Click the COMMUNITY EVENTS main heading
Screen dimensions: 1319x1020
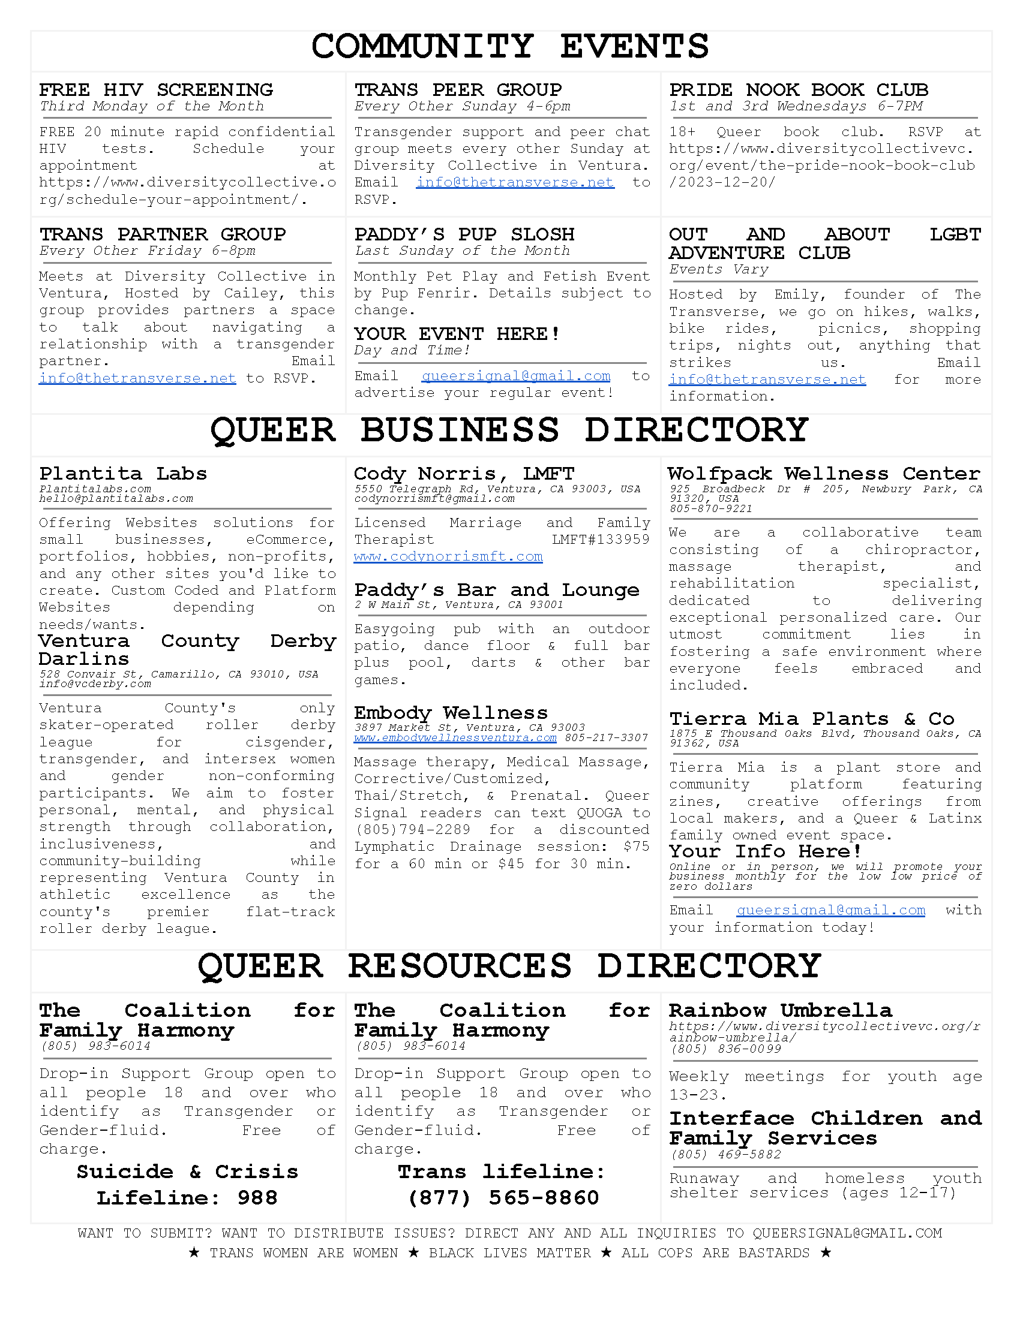(509, 47)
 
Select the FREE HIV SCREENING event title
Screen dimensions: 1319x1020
(156, 90)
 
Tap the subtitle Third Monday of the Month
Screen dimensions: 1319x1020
(152, 107)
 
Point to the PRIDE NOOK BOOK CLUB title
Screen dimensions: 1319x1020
(798, 90)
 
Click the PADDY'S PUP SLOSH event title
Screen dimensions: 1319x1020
(464, 234)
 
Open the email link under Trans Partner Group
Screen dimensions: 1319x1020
(137, 379)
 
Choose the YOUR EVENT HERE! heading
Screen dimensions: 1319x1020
(457, 334)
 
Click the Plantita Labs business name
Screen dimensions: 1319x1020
(122, 474)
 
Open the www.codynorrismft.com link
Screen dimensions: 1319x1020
(448, 557)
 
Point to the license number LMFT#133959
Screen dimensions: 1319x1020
(601, 540)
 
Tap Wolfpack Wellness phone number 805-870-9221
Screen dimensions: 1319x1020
(710, 509)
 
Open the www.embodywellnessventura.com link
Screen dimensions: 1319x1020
(455, 738)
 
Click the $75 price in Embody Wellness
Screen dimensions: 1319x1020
(635, 847)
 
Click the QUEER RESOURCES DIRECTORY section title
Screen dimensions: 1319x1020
(509, 966)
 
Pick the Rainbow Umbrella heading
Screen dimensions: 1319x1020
(780, 1011)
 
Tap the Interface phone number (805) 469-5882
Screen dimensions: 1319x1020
(726, 1155)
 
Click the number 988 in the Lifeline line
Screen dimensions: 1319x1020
(257, 1198)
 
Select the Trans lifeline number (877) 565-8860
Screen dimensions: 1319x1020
(503, 1198)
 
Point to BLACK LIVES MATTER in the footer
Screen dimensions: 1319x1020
(509, 1253)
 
